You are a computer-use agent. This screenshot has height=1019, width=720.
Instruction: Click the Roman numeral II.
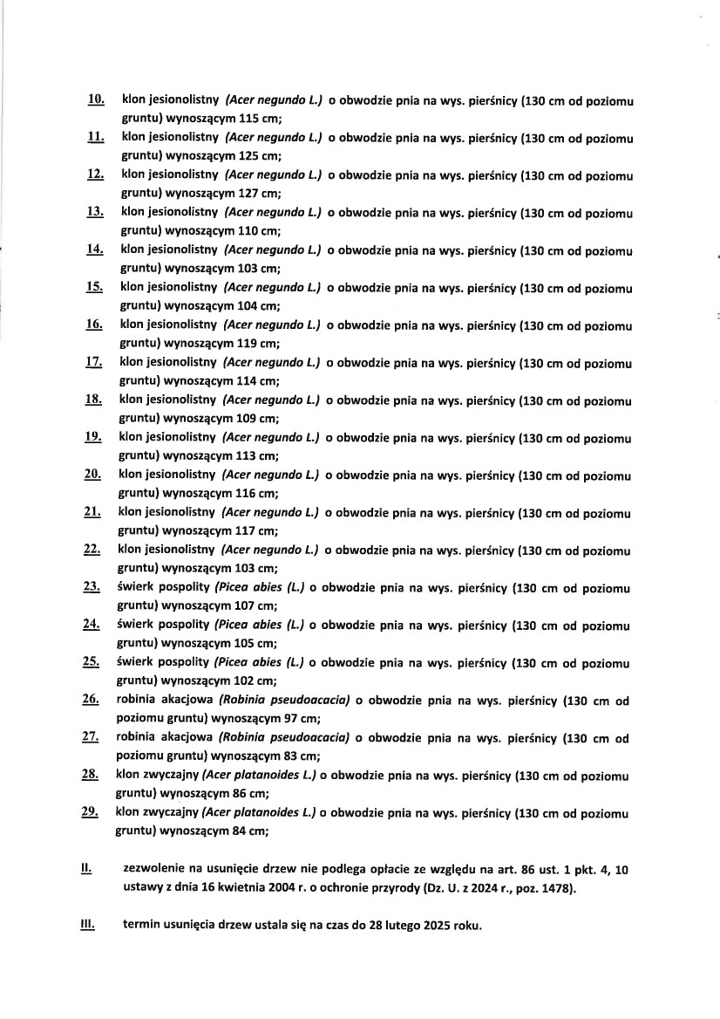pyautogui.click(x=85, y=869)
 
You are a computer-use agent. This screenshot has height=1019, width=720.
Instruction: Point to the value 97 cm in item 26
pyautogui.click(x=298, y=719)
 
